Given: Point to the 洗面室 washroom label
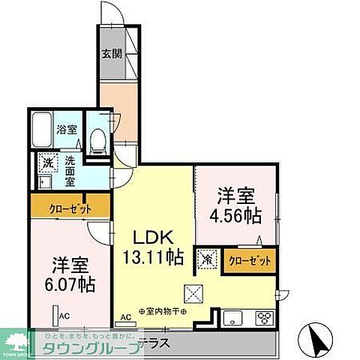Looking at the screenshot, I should [x=70, y=170].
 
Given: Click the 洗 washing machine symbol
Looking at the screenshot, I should [x=46, y=162].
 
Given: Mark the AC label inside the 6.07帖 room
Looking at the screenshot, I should [x=65, y=316].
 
